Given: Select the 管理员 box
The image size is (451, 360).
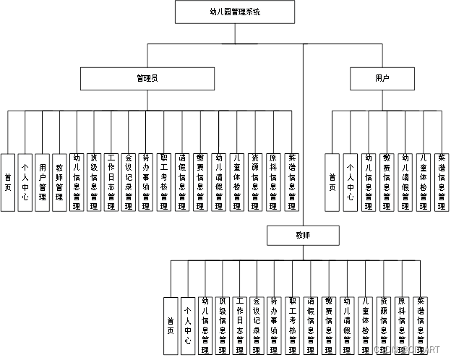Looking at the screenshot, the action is pyautogui.click(x=148, y=77).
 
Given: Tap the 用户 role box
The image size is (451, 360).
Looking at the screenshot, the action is pyautogui.click(x=382, y=77).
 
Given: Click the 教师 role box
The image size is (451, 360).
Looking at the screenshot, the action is pyautogui.click(x=301, y=236).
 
